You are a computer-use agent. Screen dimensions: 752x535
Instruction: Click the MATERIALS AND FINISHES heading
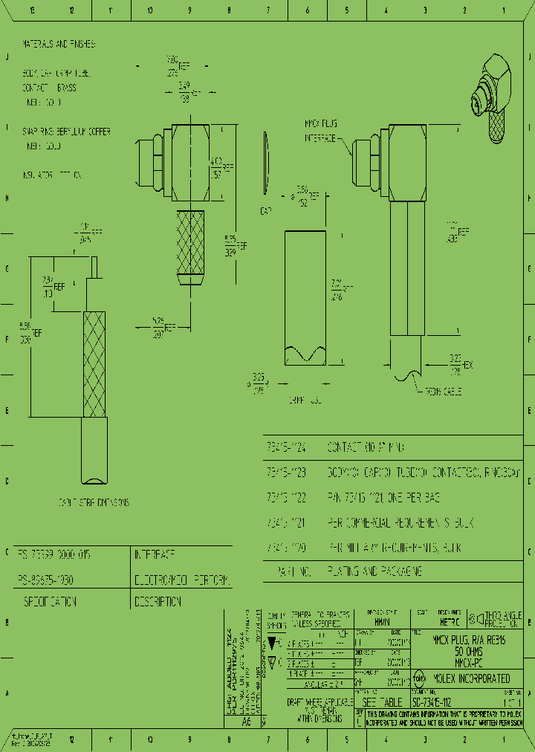[x=59, y=45]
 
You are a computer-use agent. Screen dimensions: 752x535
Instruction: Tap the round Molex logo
[x=418, y=678]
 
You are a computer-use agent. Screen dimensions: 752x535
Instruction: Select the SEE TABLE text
[x=382, y=702]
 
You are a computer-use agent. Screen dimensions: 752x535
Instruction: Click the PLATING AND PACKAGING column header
[x=374, y=571]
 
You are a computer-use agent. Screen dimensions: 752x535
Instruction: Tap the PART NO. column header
[x=285, y=571]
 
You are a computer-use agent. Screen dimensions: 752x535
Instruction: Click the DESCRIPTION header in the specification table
[x=158, y=602]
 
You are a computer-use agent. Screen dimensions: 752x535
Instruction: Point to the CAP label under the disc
[x=266, y=210]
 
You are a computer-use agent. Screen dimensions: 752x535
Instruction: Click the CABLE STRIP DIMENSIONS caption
[x=94, y=503]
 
